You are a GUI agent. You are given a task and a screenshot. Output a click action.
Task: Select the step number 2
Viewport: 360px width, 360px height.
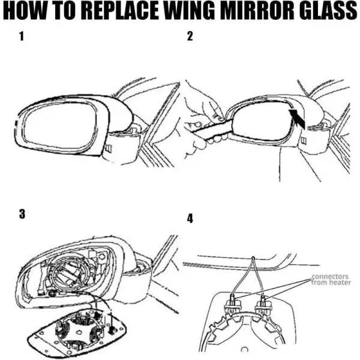pos(190,37)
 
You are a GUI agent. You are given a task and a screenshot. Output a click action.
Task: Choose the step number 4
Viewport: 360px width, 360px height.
pos(190,218)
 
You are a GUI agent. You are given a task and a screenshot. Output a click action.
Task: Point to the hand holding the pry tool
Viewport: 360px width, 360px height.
pos(204,111)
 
